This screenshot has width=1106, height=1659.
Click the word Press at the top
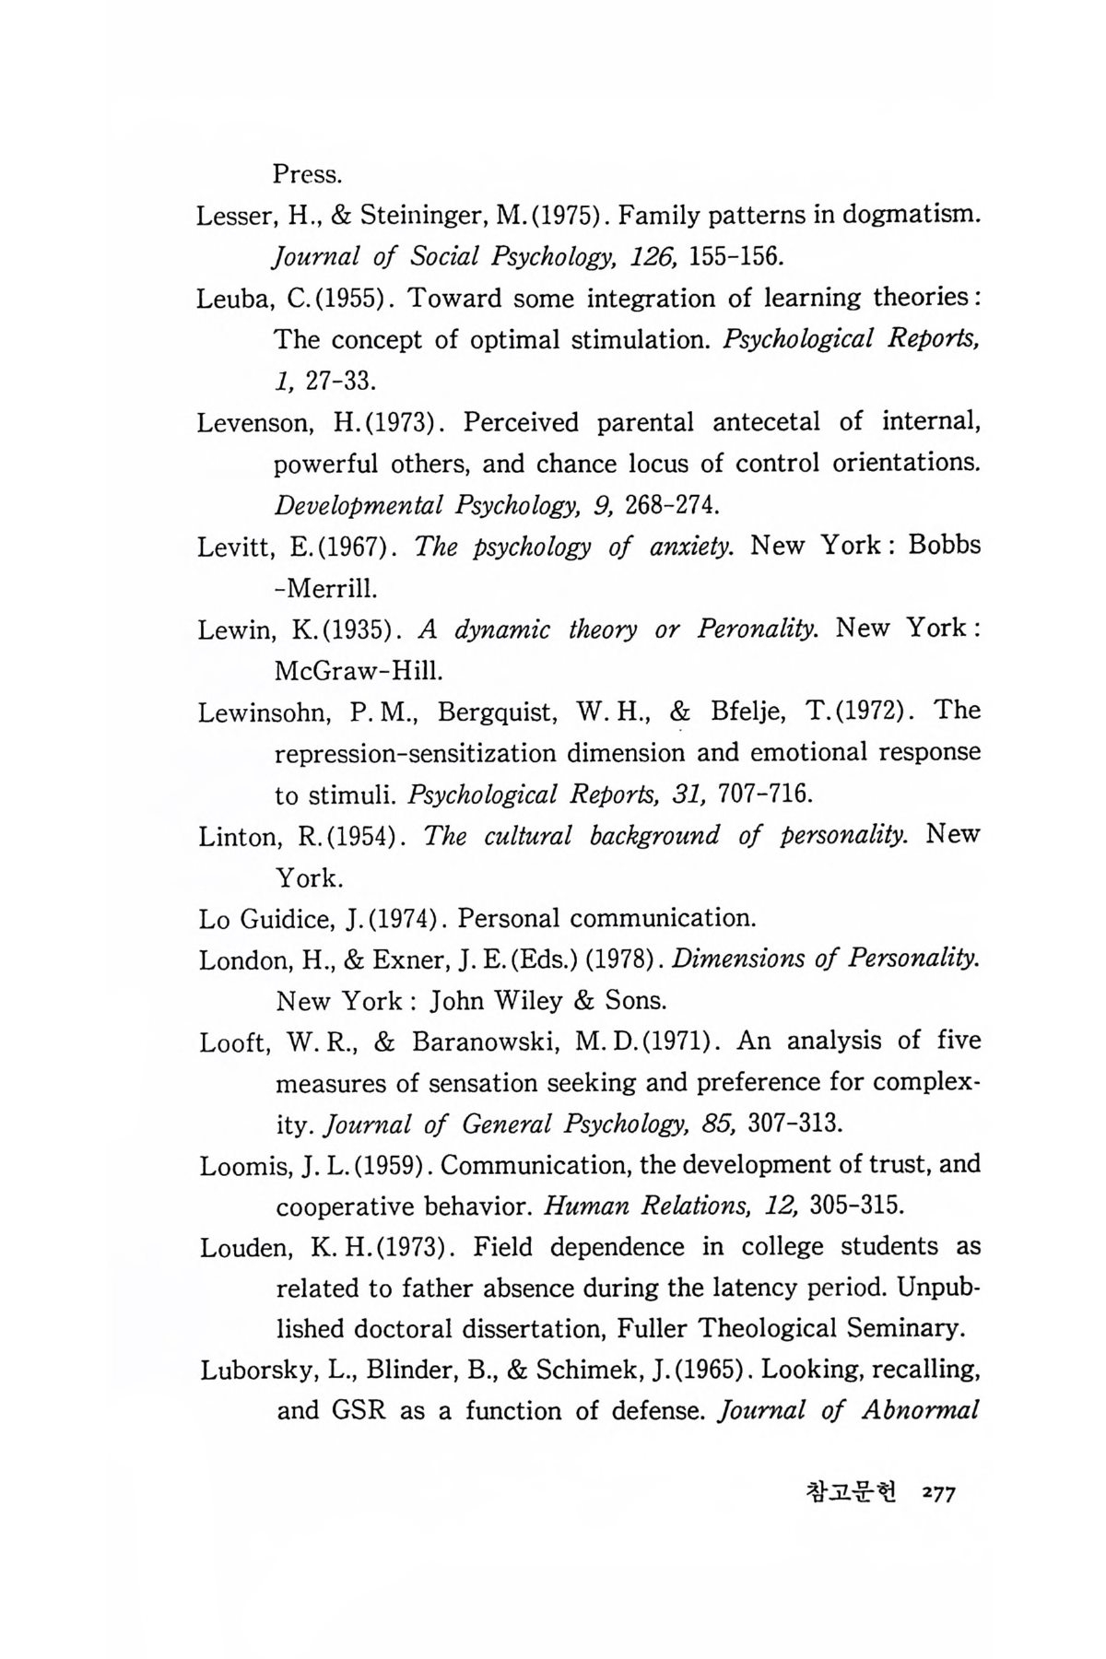(x=308, y=173)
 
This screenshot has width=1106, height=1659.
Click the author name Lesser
(x=230, y=216)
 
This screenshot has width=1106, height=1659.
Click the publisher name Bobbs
(x=944, y=546)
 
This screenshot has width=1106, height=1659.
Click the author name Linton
(x=233, y=837)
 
